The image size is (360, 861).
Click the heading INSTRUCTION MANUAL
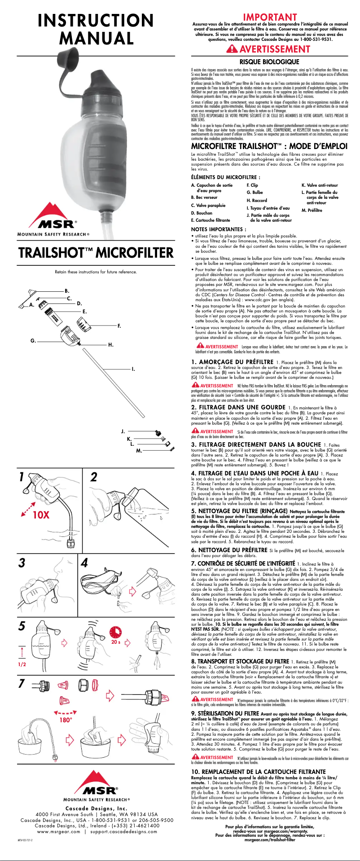point(96,29)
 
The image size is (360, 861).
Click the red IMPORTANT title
point(270,17)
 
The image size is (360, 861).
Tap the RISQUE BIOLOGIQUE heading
point(269,61)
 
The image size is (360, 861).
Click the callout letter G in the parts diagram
point(33,341)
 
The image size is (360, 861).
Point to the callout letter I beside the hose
point(133,369)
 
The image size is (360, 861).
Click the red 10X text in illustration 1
point(41,514)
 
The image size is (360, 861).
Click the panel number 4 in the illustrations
point(84,562)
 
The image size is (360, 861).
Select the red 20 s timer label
point(116,642)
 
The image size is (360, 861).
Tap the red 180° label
point(66,732)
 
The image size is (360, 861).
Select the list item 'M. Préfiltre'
point(312,210)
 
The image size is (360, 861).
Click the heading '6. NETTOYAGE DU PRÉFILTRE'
point(229,550)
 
